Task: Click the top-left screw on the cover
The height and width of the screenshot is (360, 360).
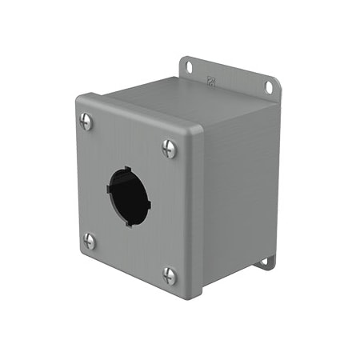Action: pyautogui.click(x=86, y=122)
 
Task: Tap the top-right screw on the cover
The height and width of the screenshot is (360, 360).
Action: pyautogui.click(x=169, y=147)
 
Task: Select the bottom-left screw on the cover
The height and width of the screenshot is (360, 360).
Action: pyautogui.click(x=90, y=241)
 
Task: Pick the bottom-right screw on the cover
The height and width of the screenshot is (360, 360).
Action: pyautogui.click(x=169, y=275)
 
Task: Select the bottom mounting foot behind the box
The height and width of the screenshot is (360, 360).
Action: pyautogui.click(x=264, y=264)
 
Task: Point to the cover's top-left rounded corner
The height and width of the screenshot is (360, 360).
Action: pyautogui.click(x=79, y=100)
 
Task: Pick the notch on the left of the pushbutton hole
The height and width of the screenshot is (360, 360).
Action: pyautogui.click(x=109, y=189)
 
